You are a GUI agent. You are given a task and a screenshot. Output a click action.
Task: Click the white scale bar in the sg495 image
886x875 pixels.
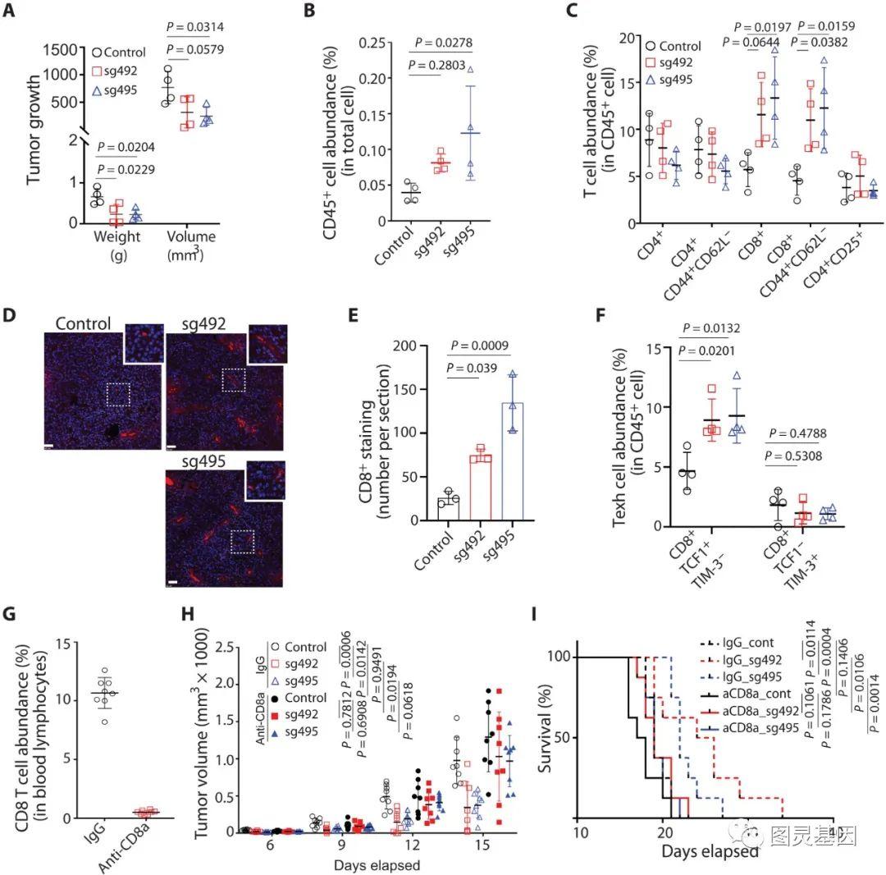(173, 582)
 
